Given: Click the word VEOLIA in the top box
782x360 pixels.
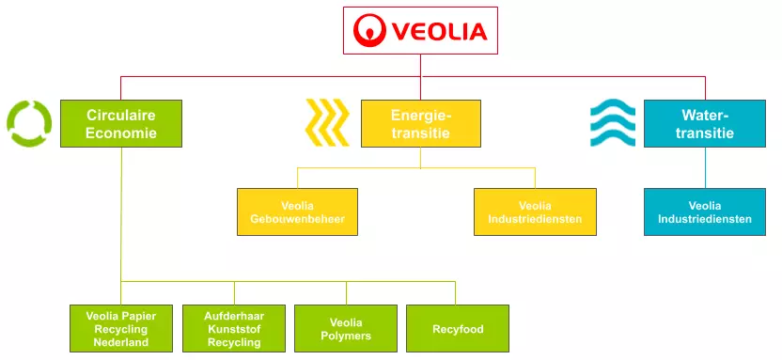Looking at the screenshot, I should [x=438, y=31].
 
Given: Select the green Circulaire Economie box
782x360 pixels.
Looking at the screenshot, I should [x=121, y=123].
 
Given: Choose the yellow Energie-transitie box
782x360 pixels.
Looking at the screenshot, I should [x=420, y=123].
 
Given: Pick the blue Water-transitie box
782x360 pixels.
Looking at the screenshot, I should [x=704, y=123].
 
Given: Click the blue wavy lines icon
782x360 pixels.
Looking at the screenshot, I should [x=612, y=123].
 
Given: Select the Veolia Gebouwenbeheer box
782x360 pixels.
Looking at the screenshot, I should [x=297, y=211].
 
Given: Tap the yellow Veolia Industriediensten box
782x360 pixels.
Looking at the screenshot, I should [x=534, y=211].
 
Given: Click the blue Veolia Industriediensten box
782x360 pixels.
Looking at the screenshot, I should [x=704, y=211].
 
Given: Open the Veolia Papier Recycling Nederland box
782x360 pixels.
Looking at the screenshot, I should [x=120, y=328].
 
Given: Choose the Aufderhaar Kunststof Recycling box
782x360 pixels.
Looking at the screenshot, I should [x=233, y=328].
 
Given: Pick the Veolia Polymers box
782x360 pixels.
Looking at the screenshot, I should [x=345, y=328].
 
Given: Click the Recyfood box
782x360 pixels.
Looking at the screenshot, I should [x=458, y=328].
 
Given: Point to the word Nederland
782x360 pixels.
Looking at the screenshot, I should [x=120, y=342].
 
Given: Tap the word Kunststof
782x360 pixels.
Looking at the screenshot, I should [x=233, y=329].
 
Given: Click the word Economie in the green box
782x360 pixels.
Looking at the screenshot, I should [x=121, y=133].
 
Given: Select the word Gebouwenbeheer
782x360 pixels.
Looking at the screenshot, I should [x=297, y=219].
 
